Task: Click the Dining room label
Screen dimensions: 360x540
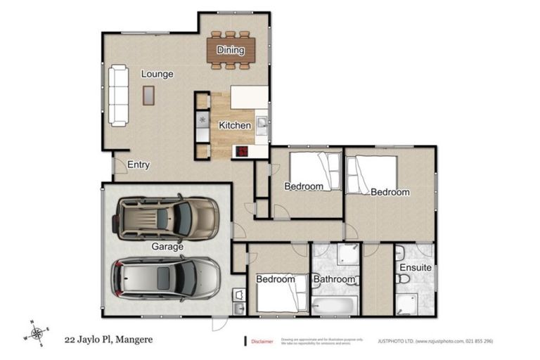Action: pyautogui.click(x=231, y=50)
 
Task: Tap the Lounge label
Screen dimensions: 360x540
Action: pyautogui.click(x=157, y=74)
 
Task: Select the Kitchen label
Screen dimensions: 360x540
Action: pyautogui.click(x=234, y=125)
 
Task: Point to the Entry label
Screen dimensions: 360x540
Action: pyautogui.click(x=139, y=165)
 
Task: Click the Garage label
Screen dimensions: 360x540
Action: pyautogui.click(x=167, y=247)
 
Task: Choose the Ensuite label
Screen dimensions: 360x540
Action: pyautogui.click(x=415, y=268)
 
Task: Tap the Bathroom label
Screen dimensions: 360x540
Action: pyautogui.click(x=334, y=279)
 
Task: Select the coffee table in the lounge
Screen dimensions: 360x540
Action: pyautogui.click(x=148, y=95)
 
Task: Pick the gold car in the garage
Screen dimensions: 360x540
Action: pyautogui.click(x=167, y=217)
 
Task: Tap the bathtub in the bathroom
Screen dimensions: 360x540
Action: pyautogui.click(x=335, y=305)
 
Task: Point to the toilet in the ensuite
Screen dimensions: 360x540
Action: pyautogui.click(x=402, y=280)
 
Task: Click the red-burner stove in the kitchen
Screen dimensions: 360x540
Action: pyautogui.click(x=242, y=150)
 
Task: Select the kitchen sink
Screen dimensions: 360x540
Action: pyautogui.click(x=261, y=126)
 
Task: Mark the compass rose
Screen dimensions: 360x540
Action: pyautogui.click(x=37, y=331)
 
